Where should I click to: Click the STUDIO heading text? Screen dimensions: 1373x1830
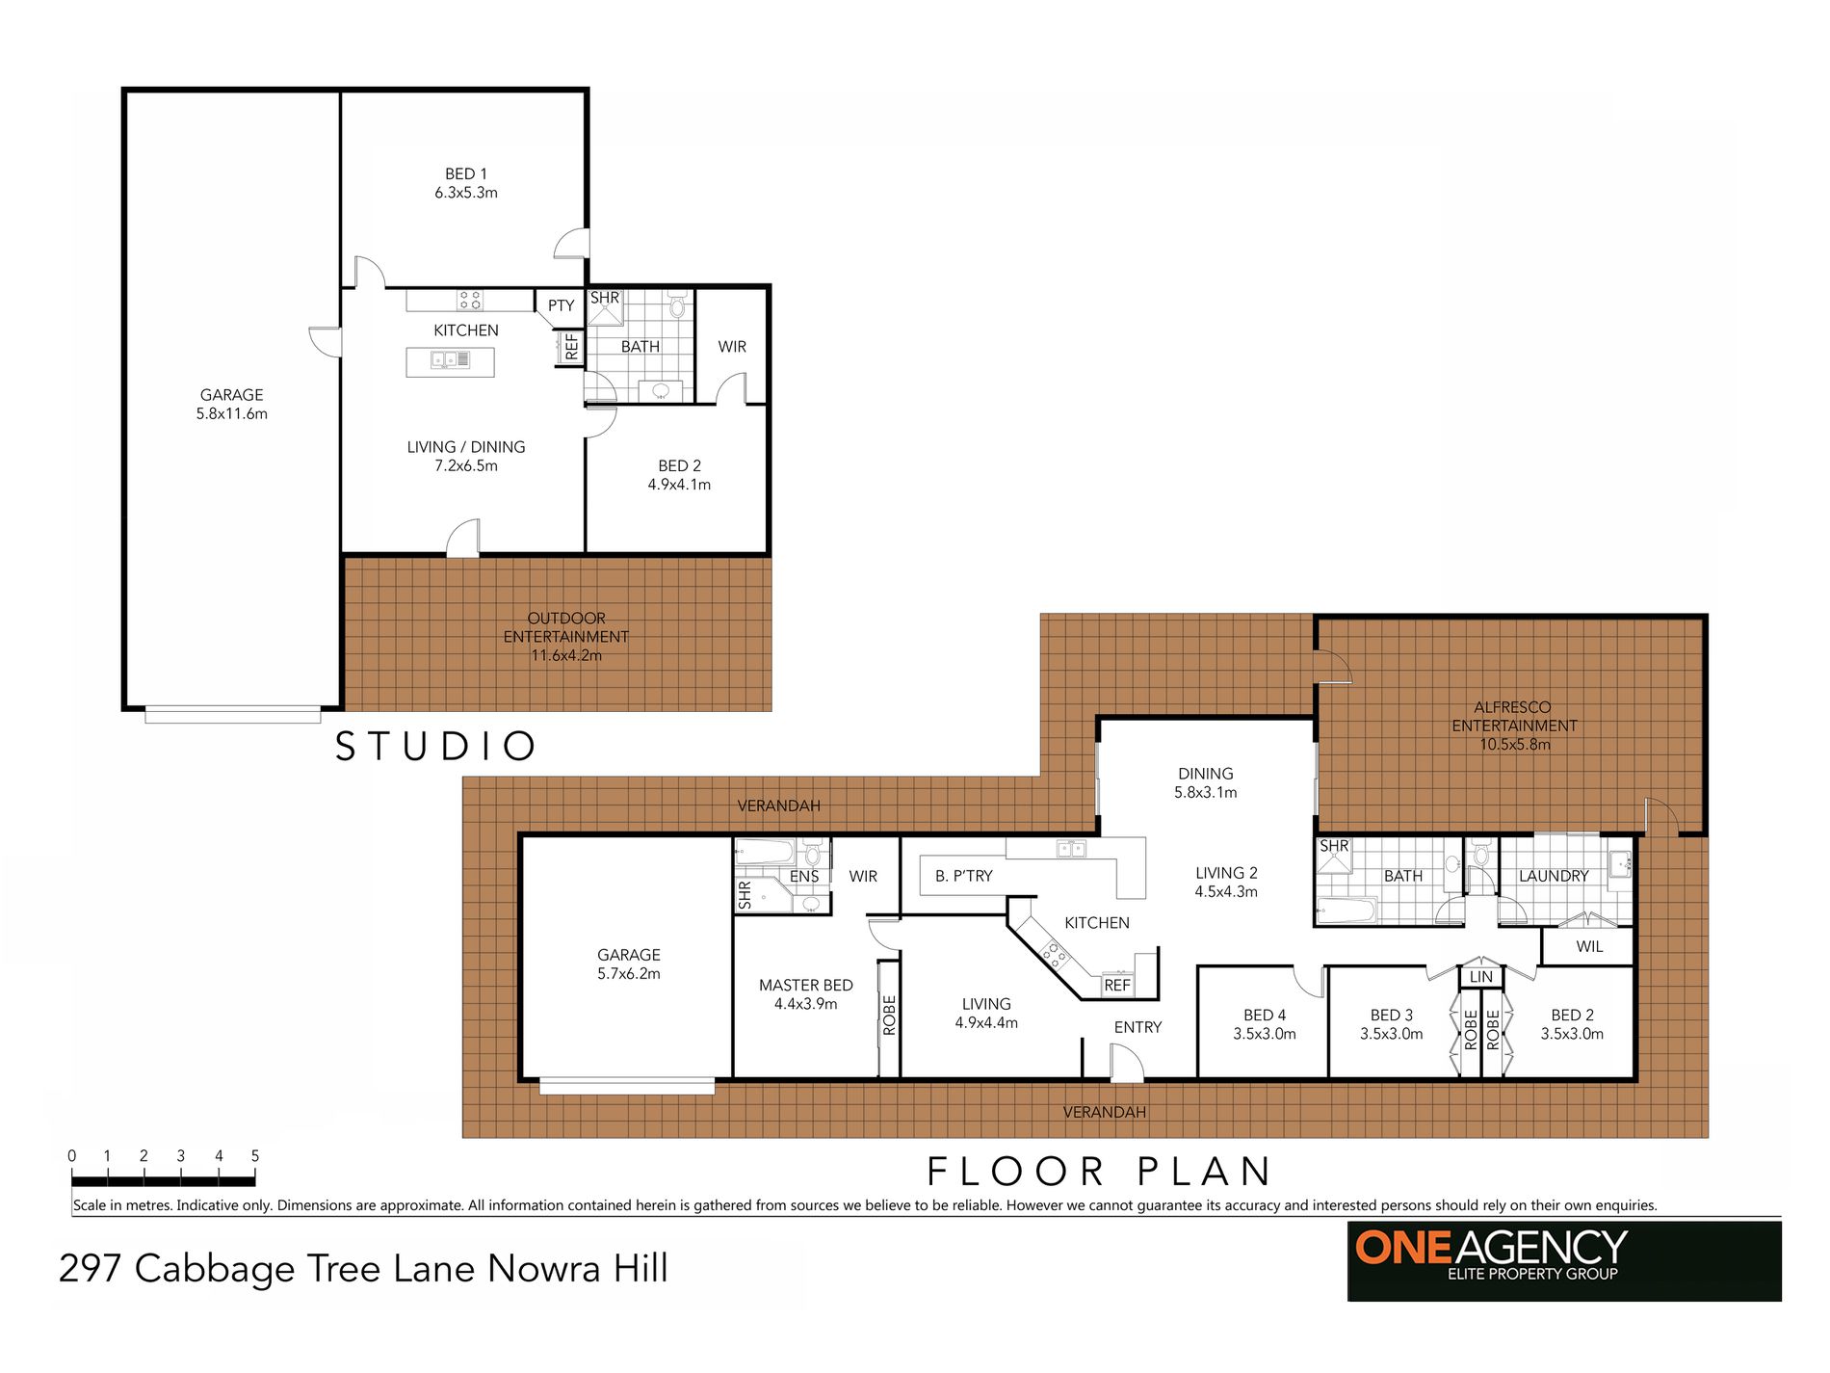[x=435, y=747]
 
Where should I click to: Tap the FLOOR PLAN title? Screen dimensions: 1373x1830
[x=1099, y=1172]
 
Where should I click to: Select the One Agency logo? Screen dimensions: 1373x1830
[x=1563, y=1260]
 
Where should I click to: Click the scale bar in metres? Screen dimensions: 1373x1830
[x=164, y=1180]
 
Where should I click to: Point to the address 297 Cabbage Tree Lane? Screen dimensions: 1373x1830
[x=363, y=1268]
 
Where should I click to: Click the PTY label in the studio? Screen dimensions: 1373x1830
[x=561, y=305]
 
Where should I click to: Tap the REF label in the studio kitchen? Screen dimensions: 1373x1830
[x=571, y=347]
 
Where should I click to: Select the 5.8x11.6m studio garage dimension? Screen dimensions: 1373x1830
[x=232, y=413]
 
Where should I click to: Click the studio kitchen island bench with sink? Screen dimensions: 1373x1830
[x=450, y=361]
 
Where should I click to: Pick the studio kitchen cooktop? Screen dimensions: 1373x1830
[x=470, y=300]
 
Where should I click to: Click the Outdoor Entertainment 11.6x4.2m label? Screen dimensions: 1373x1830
[x=566, y=636]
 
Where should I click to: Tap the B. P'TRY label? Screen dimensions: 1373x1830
[x=963, y=876]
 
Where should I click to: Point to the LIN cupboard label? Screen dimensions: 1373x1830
[x=1480, y=976]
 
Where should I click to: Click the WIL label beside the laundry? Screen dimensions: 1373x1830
[x=1589, y=946]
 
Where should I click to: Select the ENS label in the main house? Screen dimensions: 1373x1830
[x=804, y=876]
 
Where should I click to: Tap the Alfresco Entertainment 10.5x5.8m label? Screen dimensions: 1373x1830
[x=1514, y=726]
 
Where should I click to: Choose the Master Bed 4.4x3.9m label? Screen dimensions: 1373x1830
[x=806, y=993]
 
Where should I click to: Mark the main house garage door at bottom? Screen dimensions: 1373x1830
[x=627, y=1086]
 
